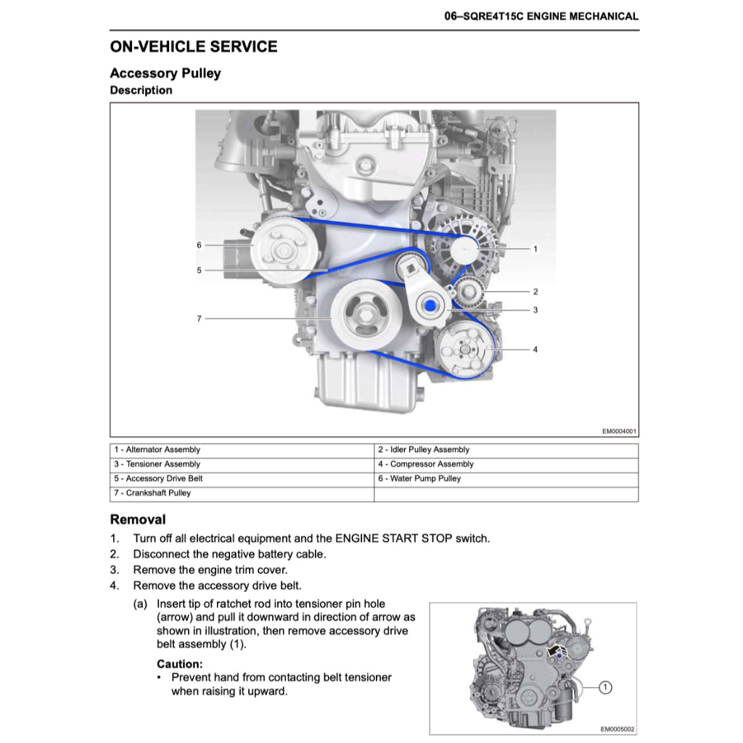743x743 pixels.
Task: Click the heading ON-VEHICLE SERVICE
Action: click(x=193, y=47)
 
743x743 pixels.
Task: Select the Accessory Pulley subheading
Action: click(x=165, y=73)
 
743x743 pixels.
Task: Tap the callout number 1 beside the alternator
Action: click(x=535, y=249)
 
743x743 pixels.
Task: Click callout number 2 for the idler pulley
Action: click(x=535, y=292)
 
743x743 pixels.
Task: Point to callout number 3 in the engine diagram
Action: click(x=535, y=310)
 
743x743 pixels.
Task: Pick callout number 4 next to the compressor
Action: click(x=535, y=349)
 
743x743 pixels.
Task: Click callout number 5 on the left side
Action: click(x=199, y=270)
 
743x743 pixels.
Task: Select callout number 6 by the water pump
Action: click(x=199, y=245)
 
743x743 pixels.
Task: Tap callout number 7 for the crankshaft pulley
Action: click(x=199, y=318)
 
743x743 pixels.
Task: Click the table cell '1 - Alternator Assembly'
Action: click(x=156, y=450)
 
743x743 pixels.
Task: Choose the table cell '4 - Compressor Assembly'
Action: click(x=425, y=464)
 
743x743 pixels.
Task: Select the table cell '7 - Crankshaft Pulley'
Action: click(x=152, y=493)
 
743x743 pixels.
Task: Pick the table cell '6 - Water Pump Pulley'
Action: click(x=419, y=479)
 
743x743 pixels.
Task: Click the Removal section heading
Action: click(x=138, y=520)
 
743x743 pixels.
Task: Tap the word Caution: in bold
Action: click(x=180, y=664)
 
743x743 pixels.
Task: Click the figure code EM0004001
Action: click(x=619, y=431)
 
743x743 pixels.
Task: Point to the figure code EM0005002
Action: click(x=617, y=729)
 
